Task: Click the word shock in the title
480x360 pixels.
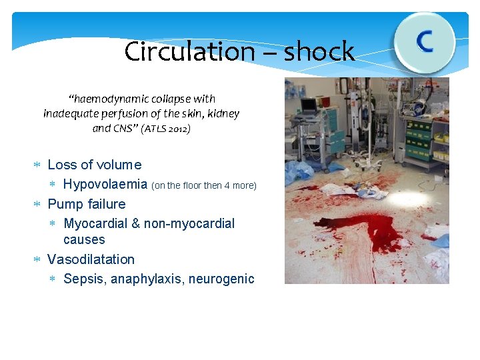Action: pyautogui.click(x=319, y=51)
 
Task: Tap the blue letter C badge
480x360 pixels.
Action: pyautogui.click(x=424, y=42)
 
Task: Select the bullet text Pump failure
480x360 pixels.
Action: pyautogui.click(x=87, y=204)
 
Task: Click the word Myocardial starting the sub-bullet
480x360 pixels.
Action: pyautogui.click(x=95, y=223)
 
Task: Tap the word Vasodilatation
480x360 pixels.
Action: pyautogui.click(x=91, y=259)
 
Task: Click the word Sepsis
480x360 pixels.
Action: pyautogui.click(x=83, y=279)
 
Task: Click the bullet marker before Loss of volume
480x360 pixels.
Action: pyautogui.click(x=38, y=165)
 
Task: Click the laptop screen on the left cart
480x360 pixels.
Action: pyautogui.click(x=309, y=105)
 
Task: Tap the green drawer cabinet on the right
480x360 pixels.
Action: pyautogui.click(x=419, y=140)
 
